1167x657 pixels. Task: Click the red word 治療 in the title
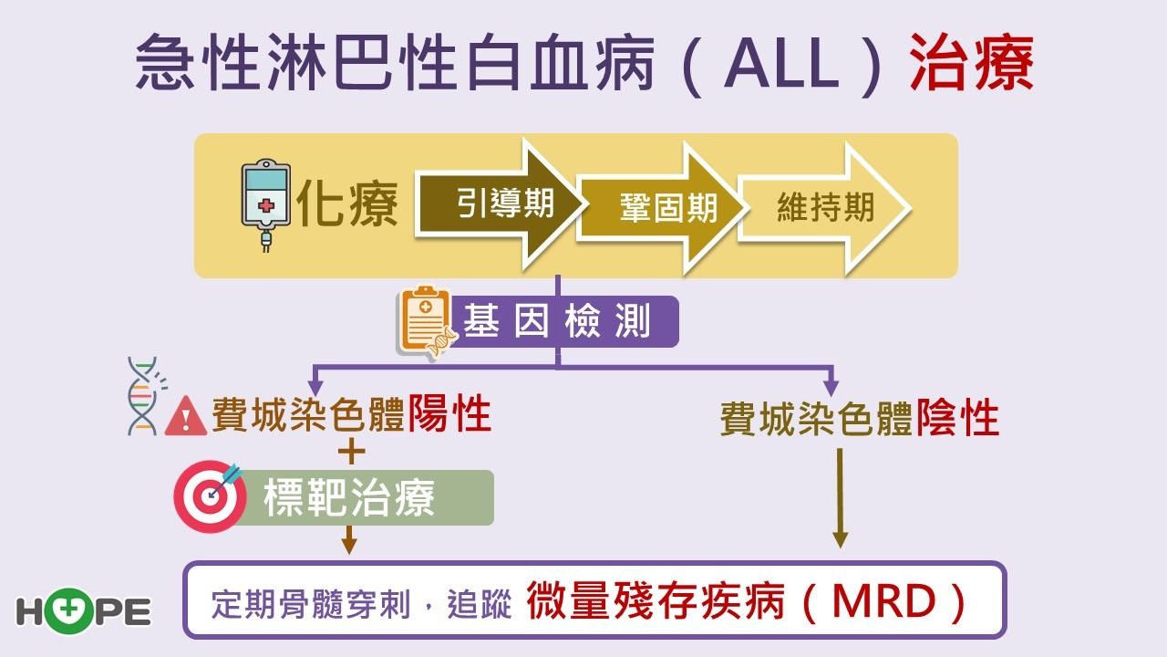click(x=972, y=63)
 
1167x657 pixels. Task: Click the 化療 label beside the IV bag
click(x=347, y=203)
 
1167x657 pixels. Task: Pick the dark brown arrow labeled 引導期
click(x=499, y=204)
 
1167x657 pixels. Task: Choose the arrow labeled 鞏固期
click(x=662, y=208)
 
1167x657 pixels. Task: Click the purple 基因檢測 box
click(x=563, y=321)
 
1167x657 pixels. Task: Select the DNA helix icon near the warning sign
click(x=145, y=396)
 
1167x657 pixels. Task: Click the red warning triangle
click(x=186, y=416)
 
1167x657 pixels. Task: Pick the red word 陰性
click(x=957, y=418)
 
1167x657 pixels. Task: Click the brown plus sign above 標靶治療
click(x=352, y=452)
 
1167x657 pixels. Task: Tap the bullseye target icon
click(x=210, y=495)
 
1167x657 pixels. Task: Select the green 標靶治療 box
click(x=365, y=497)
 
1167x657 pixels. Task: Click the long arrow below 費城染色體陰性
click(x=840, y=498)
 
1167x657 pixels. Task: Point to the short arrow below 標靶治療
click(x=349, y=539)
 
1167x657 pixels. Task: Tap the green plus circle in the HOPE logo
click(x=67, y=610)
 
